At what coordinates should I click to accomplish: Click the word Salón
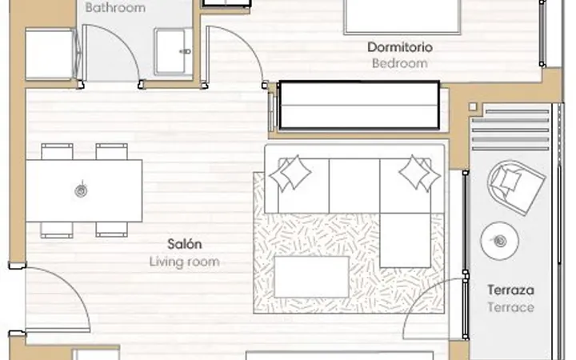[x=185, y=244]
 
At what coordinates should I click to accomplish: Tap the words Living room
[x=185, y=262]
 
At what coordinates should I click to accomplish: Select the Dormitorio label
[x=400, y=47]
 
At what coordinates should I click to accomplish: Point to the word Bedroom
[x=400, y=63]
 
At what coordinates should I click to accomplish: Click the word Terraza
[x=510, y=290]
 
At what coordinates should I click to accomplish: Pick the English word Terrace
[x=510, y=307]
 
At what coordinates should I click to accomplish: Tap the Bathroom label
[x=115, y=7]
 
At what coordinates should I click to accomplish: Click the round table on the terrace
[x=499, y=241]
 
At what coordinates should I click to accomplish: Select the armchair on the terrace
[x=516, y=186]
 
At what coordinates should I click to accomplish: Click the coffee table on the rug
[x=311, y=277]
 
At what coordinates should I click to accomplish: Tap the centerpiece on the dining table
[x=81, y=190]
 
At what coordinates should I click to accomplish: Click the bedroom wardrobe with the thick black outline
[x=358, y=106]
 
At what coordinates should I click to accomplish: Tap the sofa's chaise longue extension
[x=405, y=240]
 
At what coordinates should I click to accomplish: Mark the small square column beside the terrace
[x=473, y=106]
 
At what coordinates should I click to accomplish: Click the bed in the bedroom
[x=402, y=17]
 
